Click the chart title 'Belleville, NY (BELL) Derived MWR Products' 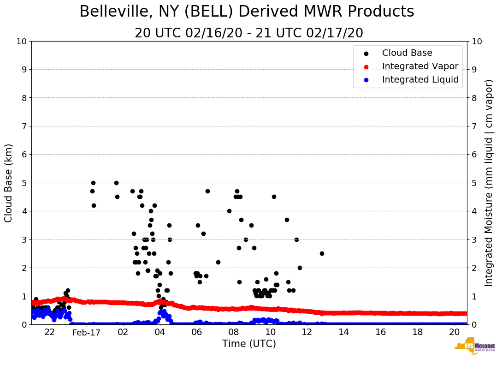tap(247, 12)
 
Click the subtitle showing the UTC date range tap(249, 33)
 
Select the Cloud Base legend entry tap(407, 53)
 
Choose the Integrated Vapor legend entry tap(420, 66)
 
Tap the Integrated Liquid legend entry tap(420, 80)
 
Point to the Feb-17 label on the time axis tap(86, 332)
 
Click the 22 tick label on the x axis tap(50, 332)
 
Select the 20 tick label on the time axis tap(454, 332)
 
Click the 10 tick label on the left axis tap(21, 42)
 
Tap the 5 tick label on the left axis tap(24, 183)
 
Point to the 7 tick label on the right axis tap(474, 126)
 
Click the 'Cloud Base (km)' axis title tap(9, 183)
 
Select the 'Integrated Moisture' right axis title tap(489, 183)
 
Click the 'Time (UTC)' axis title tap(249, 344)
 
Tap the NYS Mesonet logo tap(475, 347)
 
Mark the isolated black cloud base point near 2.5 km tap(322, 253)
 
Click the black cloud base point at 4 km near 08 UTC tap(229, 211)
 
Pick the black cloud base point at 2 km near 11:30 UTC tap(300, 268)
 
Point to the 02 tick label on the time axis tap(123, 332)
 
